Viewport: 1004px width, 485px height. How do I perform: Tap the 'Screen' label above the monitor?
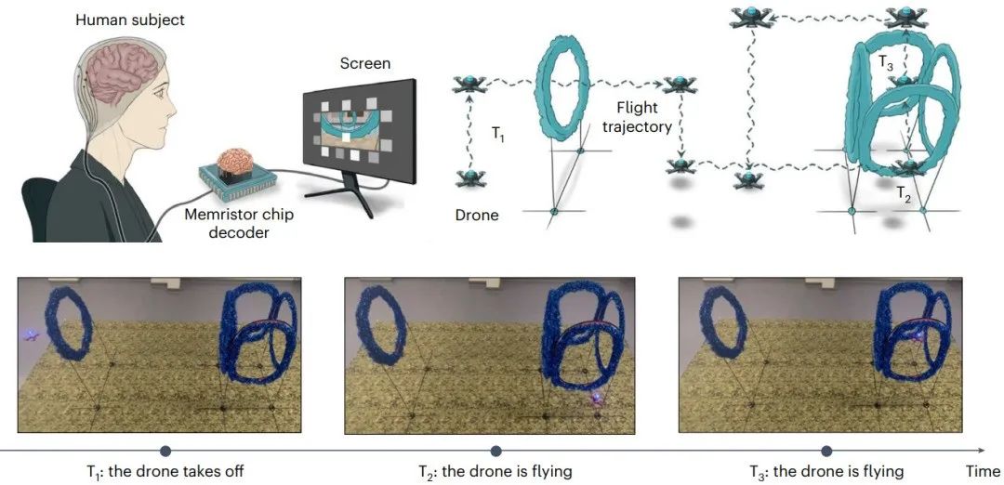click(364, 64)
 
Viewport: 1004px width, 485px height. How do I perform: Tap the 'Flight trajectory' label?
click(637, 117)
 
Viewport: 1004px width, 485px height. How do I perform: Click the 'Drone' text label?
click(477, 215)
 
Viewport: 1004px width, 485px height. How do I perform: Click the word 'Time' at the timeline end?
click(982, 471)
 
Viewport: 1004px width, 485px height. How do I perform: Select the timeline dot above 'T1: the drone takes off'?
click(165, 451)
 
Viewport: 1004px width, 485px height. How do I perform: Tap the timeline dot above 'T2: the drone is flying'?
click(495, 451)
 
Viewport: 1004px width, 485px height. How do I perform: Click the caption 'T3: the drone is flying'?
click(826, 471)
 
